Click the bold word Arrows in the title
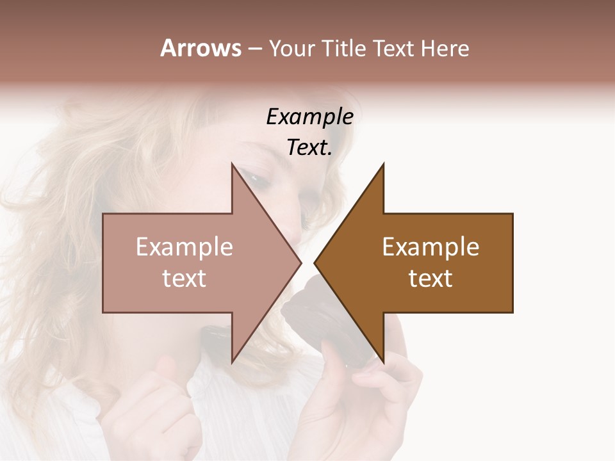pos(201,48)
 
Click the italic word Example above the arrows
pos(309,117)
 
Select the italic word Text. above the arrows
pos(309,148)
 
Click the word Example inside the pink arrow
pos(184,247)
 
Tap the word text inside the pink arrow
pos(184,279)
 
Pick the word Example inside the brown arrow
pos(430,247)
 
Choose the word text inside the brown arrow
pos(430,279)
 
